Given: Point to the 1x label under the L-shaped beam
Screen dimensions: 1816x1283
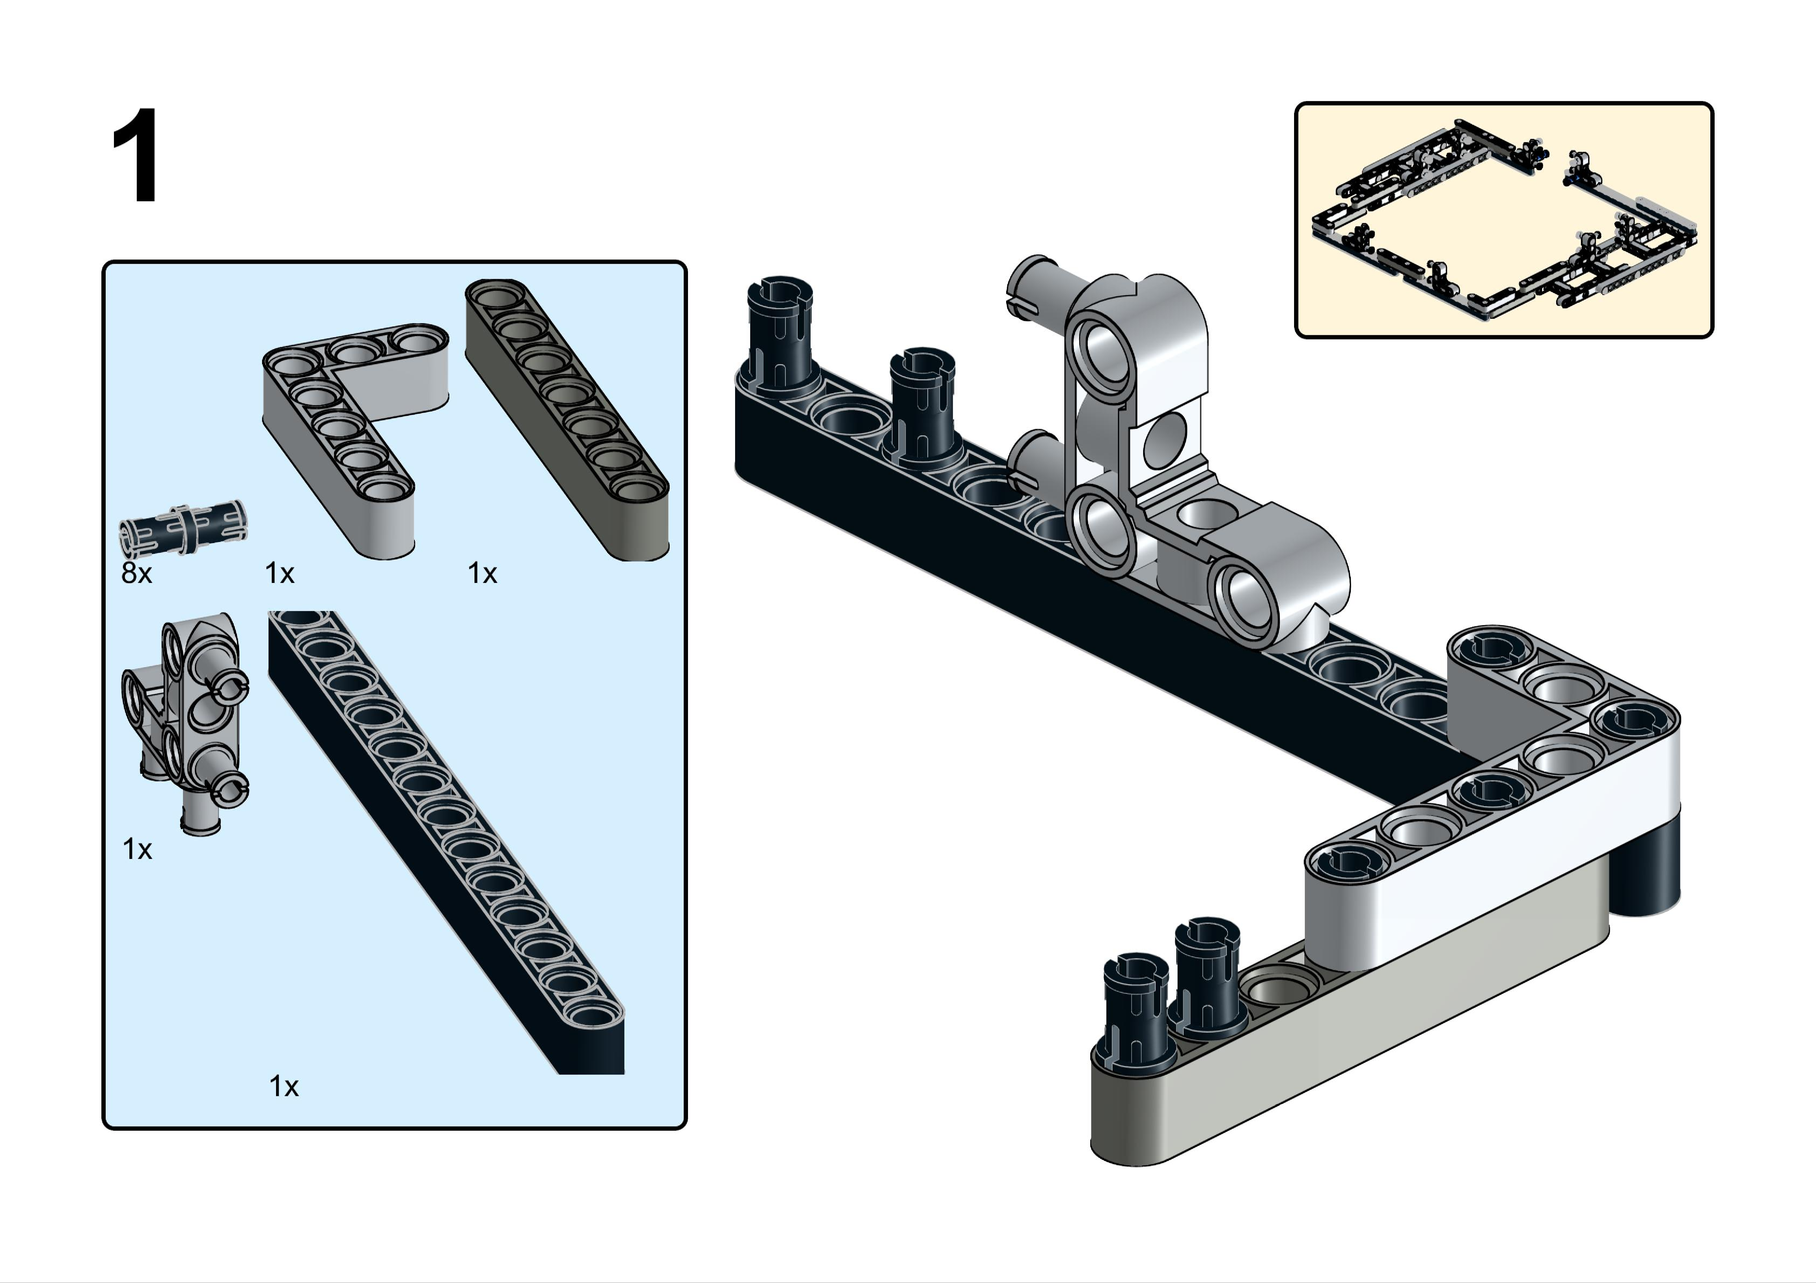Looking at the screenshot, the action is coord(279,573).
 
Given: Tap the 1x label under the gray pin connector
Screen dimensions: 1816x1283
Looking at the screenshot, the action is coord(137,849).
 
